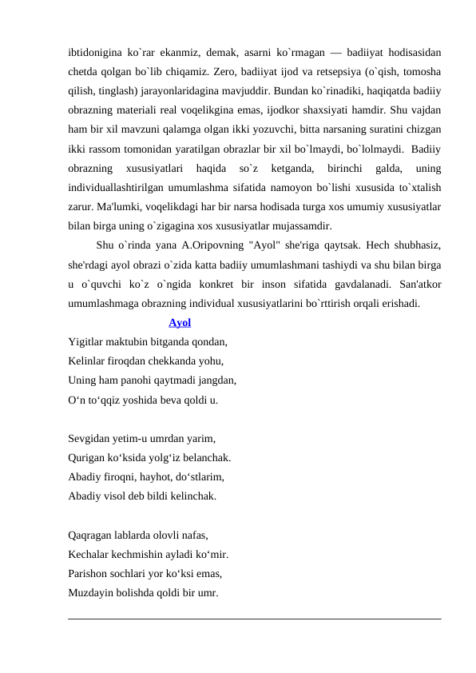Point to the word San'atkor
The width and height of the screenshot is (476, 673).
click(x=419, y=285)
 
